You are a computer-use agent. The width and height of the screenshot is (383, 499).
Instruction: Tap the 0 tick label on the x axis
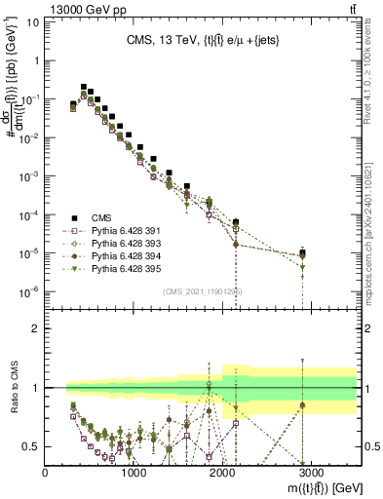coord(46,473)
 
